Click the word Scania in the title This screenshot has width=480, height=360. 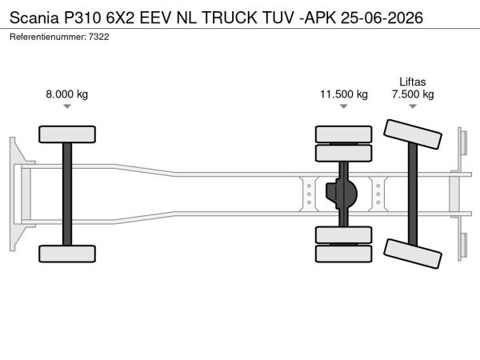coord(34,18)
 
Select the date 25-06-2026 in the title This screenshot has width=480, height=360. coord(382,18)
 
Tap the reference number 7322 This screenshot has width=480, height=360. coord(99,37)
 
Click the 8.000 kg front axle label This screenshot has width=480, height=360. coord(66,94)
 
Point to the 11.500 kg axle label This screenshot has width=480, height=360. coord(344,94)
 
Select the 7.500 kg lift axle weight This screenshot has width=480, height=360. coord(413,94)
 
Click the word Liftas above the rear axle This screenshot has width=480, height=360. coord(413,82)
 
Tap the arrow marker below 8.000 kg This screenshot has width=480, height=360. coord(67,106)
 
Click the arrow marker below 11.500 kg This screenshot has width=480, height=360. coord(344,106)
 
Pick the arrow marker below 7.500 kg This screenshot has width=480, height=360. coord(413,106)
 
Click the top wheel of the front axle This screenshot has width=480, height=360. coord(67,134)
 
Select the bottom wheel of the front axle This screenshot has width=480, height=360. coord(67,254)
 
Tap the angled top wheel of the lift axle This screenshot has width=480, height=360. coord(413,134)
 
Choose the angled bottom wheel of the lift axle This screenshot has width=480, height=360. coord(413,254)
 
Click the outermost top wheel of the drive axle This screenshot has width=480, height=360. coord(344,134)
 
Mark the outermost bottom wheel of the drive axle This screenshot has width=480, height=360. coord(344,254)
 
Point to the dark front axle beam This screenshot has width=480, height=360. coord(67,194)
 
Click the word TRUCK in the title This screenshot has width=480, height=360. coord(230,18)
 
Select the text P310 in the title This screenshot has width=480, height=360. coord(82,18)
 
